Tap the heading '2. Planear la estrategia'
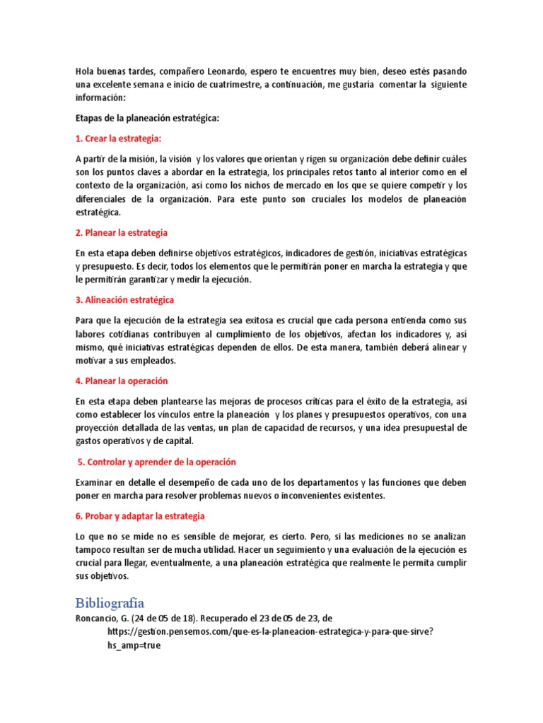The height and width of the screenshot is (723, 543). tap(122, 233)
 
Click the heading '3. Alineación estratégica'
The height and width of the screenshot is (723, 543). tap(124, 300)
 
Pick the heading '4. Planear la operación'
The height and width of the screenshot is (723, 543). tap(122, 381)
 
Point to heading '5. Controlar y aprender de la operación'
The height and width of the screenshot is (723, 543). tap(157, 462)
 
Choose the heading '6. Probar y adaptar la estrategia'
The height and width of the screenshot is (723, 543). tap(141, 516)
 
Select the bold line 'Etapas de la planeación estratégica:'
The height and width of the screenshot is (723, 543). tap(147, 119)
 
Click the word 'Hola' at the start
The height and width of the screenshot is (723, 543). tap(86, 71)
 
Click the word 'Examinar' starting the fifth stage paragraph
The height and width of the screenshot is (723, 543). tap(95, 483)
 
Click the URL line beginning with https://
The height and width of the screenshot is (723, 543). tap(270, 632)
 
